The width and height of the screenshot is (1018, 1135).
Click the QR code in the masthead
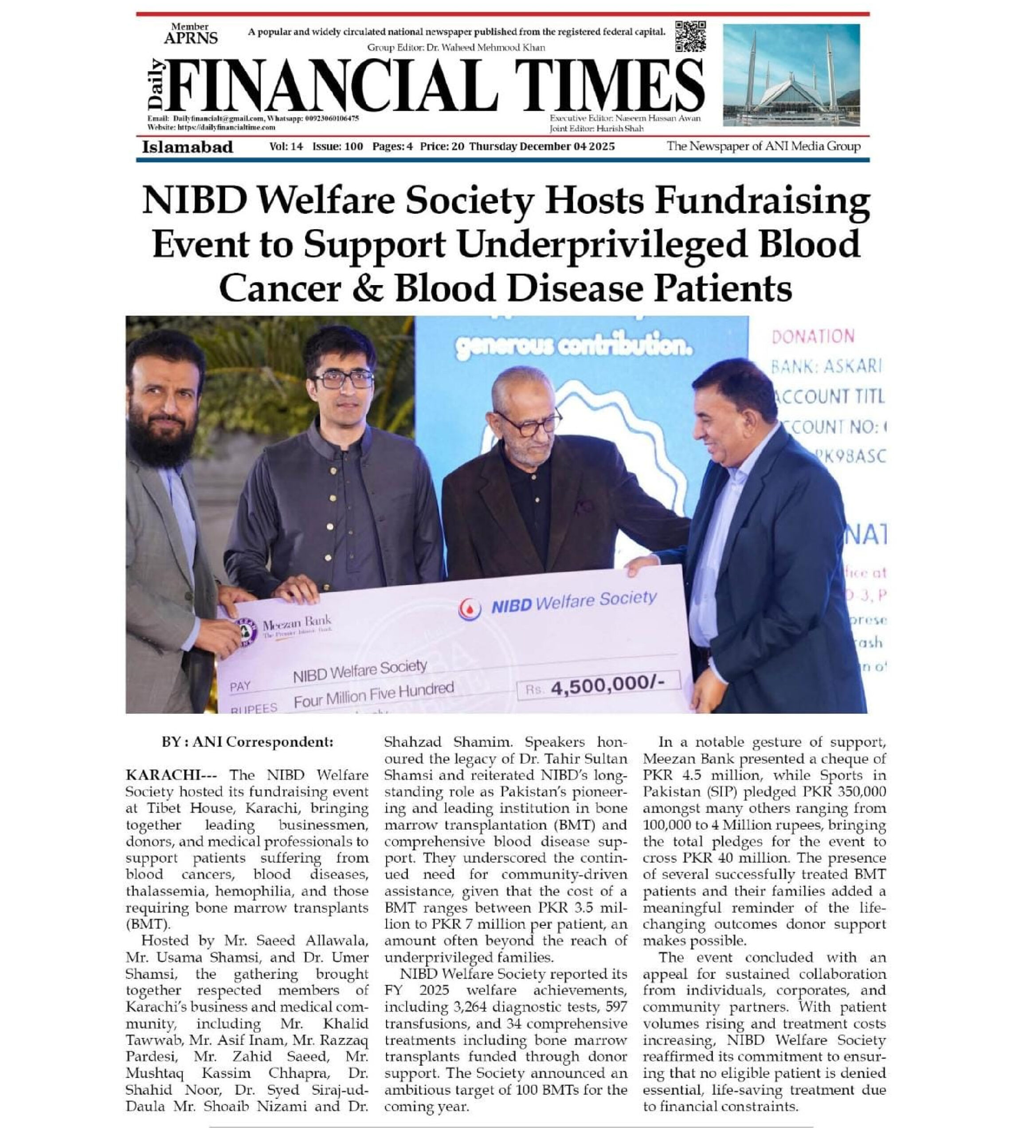tap(690, 36)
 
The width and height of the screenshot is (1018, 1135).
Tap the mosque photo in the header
tap(791, 75)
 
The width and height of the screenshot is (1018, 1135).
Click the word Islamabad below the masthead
tap(188, 147)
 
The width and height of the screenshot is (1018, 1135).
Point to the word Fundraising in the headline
tap(762, 200)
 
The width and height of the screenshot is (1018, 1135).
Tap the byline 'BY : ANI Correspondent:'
tap(247, 742)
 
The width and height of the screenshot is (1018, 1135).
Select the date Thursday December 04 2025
tap(541, 147)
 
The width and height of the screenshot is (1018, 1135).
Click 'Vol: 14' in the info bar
tap(286, 147)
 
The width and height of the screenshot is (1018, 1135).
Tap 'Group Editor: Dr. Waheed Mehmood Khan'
tap(456, 47)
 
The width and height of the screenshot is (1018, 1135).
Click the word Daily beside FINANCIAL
tap(156, 84)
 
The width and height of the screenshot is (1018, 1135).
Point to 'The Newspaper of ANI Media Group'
tap(763, 147)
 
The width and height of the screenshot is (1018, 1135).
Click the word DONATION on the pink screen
tap(813, 336)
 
